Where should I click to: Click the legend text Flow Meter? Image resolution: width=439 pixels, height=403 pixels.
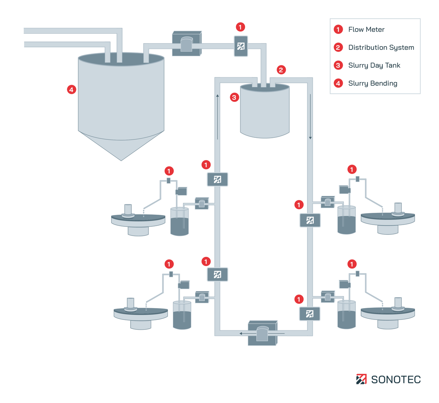point(366,30)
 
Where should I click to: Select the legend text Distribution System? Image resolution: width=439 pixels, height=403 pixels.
point(381,48)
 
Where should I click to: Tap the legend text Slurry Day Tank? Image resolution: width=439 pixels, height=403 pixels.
point(374,66)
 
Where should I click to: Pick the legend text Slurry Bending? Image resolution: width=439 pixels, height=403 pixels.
point(372,84)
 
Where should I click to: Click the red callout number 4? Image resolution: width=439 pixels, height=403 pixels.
point(72,89)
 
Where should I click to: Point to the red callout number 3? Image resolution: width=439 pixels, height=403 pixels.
point(234,97)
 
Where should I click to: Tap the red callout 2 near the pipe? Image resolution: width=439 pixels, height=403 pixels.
point(281,70)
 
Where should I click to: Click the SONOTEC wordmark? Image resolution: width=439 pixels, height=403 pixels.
point(396,380)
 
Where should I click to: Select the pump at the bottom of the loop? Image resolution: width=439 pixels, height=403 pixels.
point(262,333)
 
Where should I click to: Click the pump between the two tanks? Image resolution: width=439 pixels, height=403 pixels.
point(187,44)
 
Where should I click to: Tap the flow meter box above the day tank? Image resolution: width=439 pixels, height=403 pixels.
point(241,46)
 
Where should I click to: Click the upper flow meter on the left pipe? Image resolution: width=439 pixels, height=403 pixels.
point(217,180)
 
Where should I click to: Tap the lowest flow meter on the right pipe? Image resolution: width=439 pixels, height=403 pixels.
point(309,314)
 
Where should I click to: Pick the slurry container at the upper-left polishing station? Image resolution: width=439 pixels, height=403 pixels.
point(180,221)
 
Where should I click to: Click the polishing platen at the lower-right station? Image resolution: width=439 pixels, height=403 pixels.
point(388,312)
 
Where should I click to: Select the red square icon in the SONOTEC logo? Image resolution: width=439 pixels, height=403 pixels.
point(361,379)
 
